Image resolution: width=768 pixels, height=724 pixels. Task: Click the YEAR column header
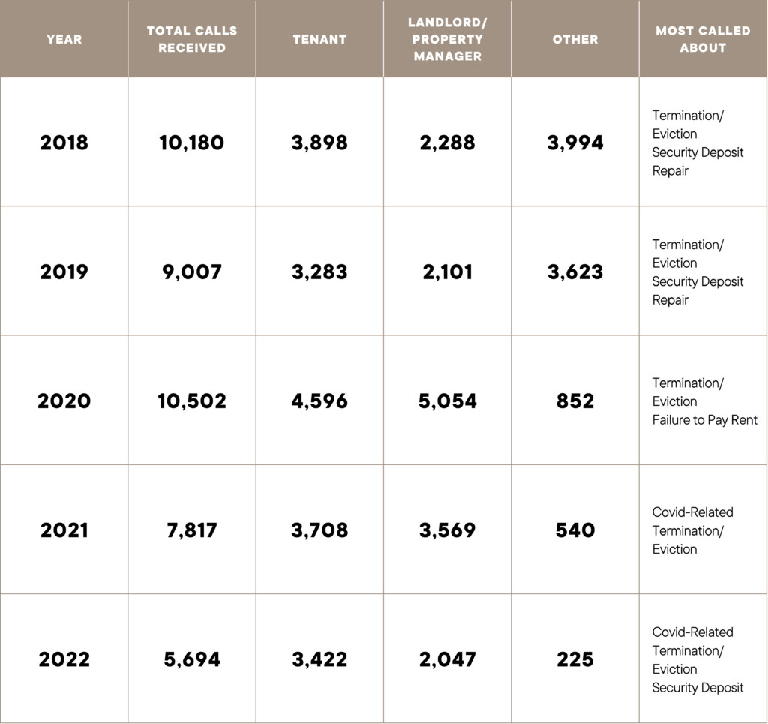pos(64,39)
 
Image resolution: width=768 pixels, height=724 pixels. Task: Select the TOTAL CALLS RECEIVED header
pos(192,39)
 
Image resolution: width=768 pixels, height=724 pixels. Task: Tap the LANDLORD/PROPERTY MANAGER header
pos(447,39)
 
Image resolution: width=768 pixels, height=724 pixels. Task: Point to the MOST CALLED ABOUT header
pos(703,39)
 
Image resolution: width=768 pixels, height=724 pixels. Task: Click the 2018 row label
pos(64,143)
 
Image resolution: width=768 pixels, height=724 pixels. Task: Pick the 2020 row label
pos(64,401)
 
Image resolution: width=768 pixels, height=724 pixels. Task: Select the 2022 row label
pos(64,660)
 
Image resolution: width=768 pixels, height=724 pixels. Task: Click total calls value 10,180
pos(192,143)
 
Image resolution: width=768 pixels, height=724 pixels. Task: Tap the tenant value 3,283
pos(319,272)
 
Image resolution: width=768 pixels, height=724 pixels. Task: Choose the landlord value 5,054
pos(447,401)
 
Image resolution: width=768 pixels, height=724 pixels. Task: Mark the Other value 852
pos(575,401)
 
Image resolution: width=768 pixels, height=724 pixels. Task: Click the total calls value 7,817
pos(192,530)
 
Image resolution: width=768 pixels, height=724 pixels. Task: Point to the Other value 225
pos(575,660)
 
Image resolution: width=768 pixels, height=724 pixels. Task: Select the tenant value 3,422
pos(319,660)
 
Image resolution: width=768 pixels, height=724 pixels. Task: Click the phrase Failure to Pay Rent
pos(704,420)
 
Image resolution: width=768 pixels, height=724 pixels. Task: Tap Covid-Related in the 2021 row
pos(692,512)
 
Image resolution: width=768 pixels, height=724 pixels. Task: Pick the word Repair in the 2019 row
pos(670,300)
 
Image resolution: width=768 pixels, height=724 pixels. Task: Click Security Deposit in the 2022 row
pos(697,688)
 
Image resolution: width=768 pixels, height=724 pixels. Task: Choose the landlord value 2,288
pos(447,143)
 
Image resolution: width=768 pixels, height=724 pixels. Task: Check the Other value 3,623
pos(575,272)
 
